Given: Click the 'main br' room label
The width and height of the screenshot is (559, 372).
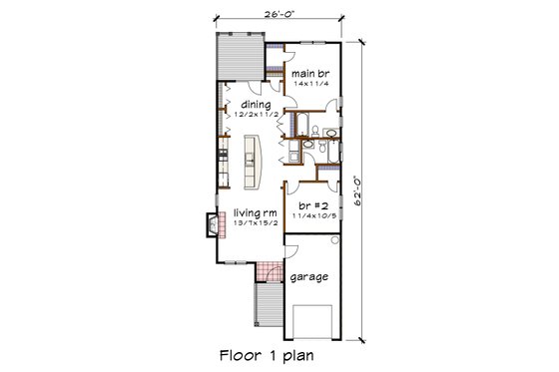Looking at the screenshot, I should tap(309, 73).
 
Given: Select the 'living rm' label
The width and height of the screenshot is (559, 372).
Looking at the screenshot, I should tap(256, 213).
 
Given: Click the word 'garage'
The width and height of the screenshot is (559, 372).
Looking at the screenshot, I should tap(309, 278).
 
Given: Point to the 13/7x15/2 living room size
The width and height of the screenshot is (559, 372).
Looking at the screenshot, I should tap(256, 225).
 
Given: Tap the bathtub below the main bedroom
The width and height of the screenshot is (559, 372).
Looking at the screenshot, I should tap(297, 128).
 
